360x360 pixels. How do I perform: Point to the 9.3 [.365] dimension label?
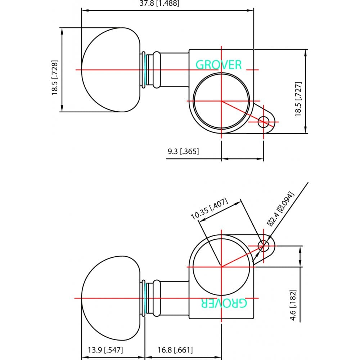click(183, 152)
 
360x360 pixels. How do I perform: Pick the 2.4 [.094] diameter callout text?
click(281, 208)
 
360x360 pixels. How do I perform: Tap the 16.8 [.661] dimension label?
click(175, 350)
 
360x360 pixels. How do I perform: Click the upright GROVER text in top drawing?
click(219, 64)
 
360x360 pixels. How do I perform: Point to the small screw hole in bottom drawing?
click(265, 246)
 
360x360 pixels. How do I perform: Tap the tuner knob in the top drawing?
click(110, 69)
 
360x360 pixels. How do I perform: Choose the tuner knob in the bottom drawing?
click(110, 298)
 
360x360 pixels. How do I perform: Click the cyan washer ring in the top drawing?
click(145, 69)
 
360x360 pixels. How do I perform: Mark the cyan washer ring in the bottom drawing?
click(145, 298)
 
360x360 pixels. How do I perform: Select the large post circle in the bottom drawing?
click(221, 267)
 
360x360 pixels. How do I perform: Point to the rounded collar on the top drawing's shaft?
click(157, 69)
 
